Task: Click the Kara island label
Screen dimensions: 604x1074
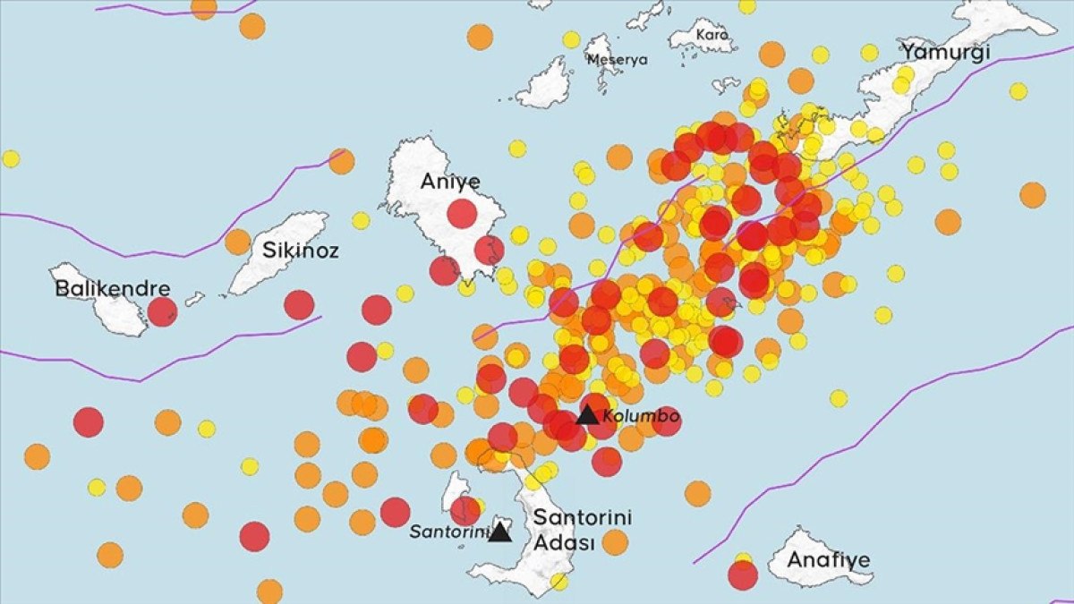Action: [712, 35]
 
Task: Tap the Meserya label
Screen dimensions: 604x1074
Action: [617, 60]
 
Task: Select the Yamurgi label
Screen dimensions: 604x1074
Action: [945, 52]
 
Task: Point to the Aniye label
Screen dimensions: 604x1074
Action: [450, 183]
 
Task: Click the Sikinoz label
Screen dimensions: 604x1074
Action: [301, 251]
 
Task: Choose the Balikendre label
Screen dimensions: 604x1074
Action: [113, 289]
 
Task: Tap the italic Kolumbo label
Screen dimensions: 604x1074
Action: [641, 416]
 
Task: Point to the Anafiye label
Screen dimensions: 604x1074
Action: [828, 560]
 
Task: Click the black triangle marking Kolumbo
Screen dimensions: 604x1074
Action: [587, 415]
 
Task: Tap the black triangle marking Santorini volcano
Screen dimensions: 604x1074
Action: [499, 532]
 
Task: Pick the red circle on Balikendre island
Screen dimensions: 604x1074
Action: [162, 311]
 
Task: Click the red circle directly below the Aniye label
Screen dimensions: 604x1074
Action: [462, 214]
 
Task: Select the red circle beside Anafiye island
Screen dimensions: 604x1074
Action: [743, 575]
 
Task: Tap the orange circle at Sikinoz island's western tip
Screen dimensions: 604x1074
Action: [237, 242]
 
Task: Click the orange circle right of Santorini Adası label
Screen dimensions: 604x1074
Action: [615, 541]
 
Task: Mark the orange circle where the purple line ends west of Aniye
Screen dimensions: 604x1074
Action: [340, 161]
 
